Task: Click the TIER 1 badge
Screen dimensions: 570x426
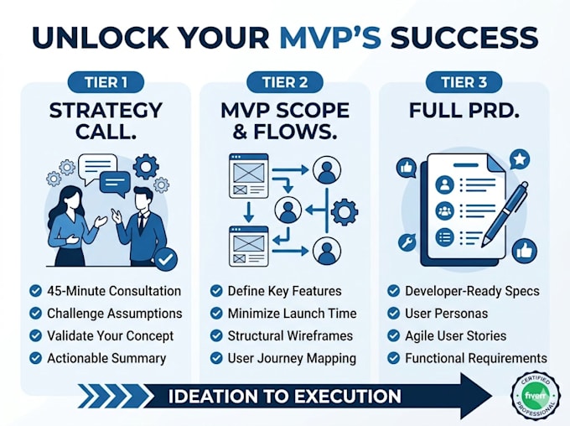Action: (106, 82)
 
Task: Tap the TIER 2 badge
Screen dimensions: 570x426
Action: (285, 82)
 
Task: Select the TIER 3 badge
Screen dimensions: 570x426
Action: (464, 82)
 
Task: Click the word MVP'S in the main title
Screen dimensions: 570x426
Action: (331, 37)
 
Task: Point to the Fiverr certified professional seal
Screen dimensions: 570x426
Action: (535, 395)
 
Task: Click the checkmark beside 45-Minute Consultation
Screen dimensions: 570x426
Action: (35, 291)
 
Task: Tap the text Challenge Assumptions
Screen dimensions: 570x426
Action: (115, 314)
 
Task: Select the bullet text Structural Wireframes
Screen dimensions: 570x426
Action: (290, 335)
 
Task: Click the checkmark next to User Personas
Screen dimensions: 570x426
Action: (393, 314)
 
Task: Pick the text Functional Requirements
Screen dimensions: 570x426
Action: (476, 358)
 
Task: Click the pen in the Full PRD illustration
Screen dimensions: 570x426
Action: (505, 215)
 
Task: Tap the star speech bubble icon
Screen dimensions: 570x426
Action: (520, 159)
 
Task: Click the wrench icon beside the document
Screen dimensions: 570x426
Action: (407, 242)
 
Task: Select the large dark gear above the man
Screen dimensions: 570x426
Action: (146, 167)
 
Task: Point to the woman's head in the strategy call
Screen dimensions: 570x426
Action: (70, 198)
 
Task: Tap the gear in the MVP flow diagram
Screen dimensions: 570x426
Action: (345, 211)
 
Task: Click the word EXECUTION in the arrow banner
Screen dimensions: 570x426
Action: (347, 396)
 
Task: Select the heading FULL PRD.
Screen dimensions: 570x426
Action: (464, 111)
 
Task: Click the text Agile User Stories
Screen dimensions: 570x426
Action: (455, 335)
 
